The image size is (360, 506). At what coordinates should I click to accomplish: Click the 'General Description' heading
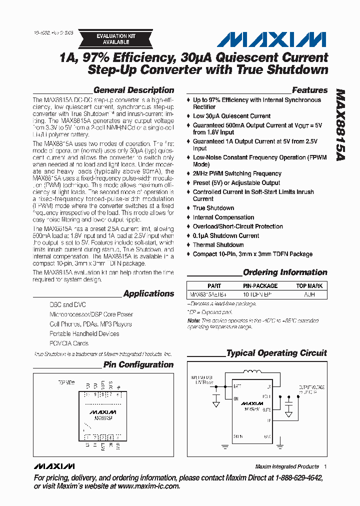pos(133,90)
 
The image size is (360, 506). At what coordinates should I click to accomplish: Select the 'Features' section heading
pos(309,90)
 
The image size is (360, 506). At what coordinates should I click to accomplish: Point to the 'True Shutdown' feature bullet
pos(213,208)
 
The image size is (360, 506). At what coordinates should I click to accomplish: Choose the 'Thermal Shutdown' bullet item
pos(218,245)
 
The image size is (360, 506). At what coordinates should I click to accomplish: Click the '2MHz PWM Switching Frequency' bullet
pos(237,173)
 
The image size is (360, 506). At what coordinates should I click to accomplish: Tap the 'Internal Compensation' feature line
pos(223,217)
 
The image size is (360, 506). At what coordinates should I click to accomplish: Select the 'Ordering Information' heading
pos(285,272)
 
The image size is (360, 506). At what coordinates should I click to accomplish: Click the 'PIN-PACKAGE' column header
pos(260,286)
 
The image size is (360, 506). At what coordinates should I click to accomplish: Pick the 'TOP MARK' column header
pos(309,286)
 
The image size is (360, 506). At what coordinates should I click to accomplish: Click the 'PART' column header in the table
pos(214,286)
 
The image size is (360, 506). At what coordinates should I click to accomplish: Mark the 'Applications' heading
pos(148,293)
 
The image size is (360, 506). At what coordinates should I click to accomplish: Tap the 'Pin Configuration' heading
pos(138,364)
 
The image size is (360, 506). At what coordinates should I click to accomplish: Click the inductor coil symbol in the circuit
pos(253,371)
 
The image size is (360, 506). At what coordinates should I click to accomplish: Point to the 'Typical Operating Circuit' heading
pos(276,353)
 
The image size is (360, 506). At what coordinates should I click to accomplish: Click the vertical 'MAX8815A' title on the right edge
pos(340,125)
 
